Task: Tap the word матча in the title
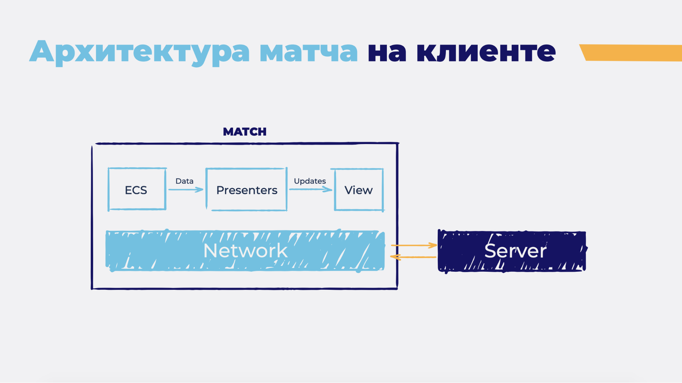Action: pos(308,52)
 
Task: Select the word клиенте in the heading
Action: pos(486,52)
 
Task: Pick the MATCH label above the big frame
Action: pos(245,132)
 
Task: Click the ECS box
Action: pos(136,189)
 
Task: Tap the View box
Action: pos(359,190)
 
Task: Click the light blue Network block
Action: pos(154,251)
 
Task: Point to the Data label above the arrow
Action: pos(184,181)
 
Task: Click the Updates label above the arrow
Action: pos(310,181)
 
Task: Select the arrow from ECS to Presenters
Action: pos(186,189)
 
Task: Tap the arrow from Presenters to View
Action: pos(310,189)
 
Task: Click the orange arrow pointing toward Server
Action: pos(414,245)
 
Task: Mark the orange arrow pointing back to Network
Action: pos(413,257)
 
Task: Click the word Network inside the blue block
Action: pos(245,251)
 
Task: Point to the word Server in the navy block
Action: pos(515,251)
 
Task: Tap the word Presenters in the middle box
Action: pos(247,190)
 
